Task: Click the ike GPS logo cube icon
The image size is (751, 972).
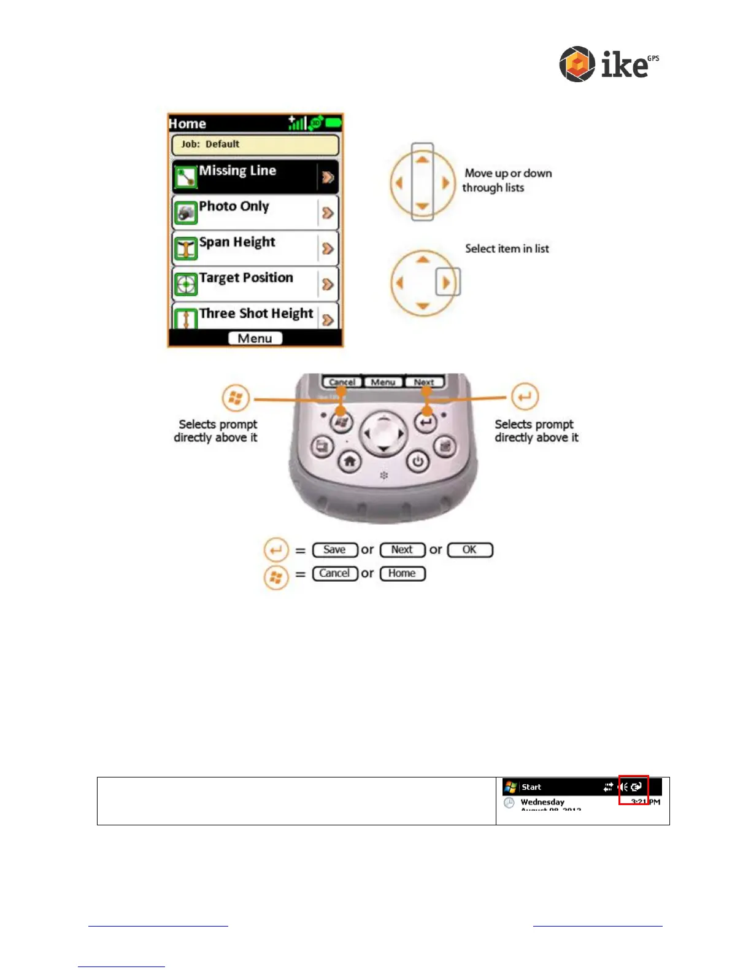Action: point(577,64)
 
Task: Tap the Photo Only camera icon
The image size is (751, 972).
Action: point(185,212)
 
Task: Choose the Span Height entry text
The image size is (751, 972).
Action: point(237,242)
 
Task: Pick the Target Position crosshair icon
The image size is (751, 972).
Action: point(185,284)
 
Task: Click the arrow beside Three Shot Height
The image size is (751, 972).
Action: point(328,319)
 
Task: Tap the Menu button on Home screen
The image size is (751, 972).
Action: point(255,339)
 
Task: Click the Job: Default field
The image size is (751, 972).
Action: point(255,145)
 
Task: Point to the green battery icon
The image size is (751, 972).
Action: point(334,123)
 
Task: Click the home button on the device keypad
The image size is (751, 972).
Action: point(350,461)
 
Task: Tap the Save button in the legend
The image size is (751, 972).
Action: point(335,550)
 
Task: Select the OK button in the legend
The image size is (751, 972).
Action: point(470,550)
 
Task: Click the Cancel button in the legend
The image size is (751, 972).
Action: point(335,574)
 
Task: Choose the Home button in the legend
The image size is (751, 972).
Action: point(402,574)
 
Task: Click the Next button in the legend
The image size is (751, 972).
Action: point(402,550)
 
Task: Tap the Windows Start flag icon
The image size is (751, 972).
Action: point(510,787)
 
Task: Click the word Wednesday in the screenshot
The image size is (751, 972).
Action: point(542,802)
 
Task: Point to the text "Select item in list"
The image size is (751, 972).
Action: point(507,249)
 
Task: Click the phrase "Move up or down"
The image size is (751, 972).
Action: point(508,174)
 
